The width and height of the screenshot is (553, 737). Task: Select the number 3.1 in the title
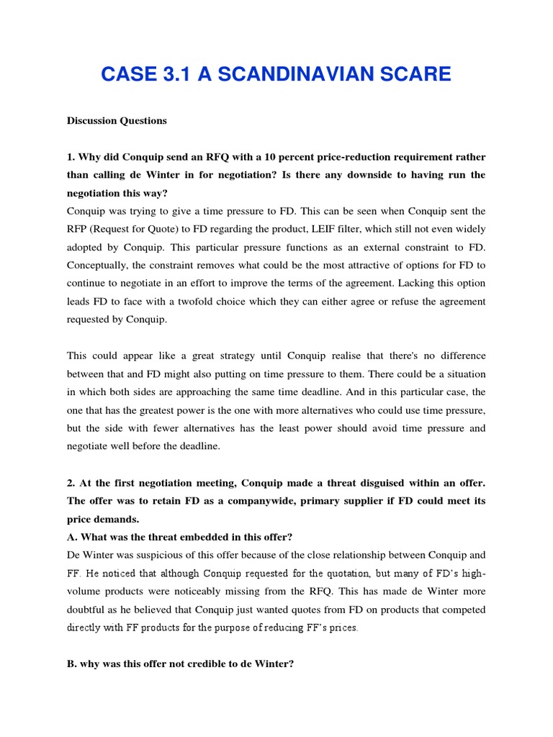point(174,74)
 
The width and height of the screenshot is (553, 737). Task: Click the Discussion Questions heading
point(117,121)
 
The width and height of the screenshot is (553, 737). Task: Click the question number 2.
point(71,483)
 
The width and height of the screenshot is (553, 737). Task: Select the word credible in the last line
point(206,664)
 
